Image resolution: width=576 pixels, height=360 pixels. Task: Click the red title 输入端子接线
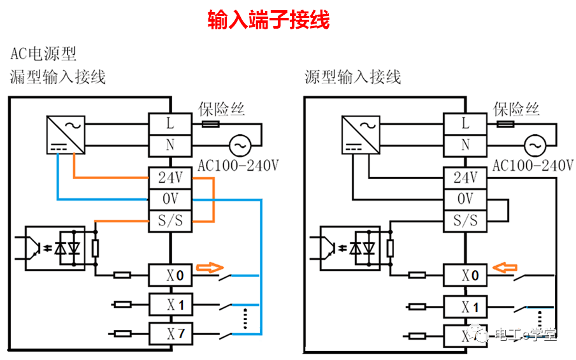click(268, 20)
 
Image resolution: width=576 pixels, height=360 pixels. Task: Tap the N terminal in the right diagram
click(465, 145)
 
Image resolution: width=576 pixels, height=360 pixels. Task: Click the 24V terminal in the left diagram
click(170, 178)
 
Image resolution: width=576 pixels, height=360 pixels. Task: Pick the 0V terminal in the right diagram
click(465, 199)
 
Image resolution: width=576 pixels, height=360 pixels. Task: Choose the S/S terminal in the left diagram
click(170, 221)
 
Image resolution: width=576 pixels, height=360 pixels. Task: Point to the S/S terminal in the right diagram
click(465, 221)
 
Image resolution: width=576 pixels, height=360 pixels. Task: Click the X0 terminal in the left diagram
click(170, 276)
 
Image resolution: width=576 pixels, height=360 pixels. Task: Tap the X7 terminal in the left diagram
click(170, 333)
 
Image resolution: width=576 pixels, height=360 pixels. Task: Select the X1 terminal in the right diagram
click(465, 306)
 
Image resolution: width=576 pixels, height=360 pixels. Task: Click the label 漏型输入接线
click(58, 78)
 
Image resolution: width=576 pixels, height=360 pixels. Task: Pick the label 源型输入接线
click(353, 78)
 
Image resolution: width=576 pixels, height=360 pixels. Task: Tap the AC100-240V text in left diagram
click(238, 166)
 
